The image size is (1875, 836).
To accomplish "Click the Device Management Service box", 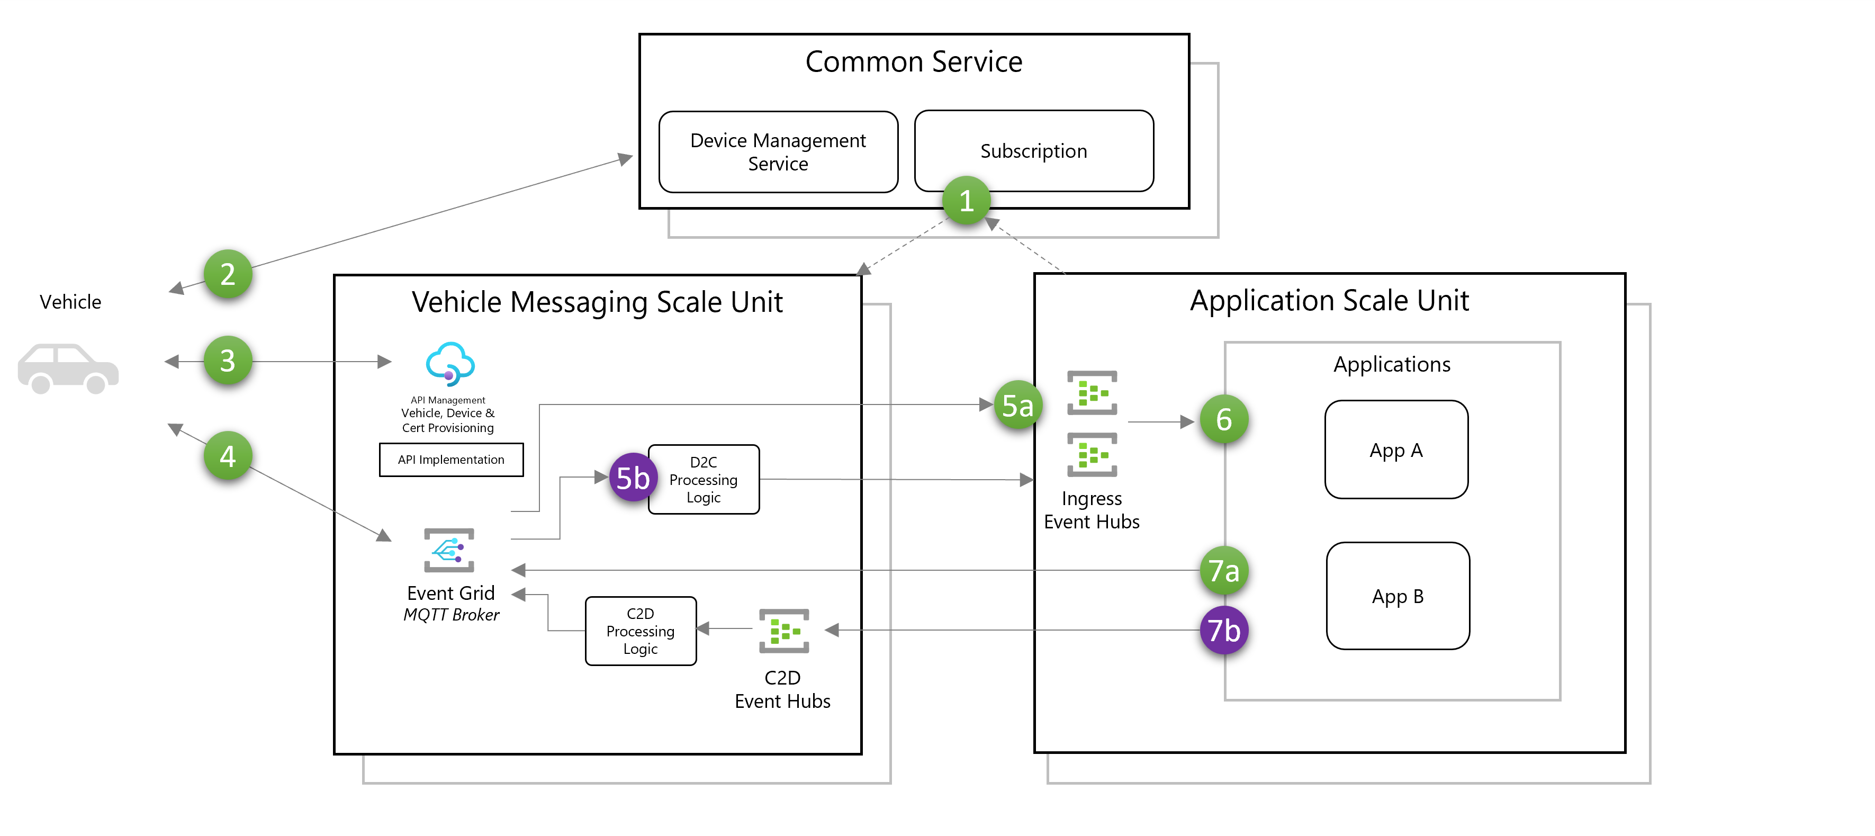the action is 778,151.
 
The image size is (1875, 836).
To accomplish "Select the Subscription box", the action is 1033,151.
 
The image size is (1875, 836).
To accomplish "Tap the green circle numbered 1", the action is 966,200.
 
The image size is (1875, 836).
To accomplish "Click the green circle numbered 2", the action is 228,274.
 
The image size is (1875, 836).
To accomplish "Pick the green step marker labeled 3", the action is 228,361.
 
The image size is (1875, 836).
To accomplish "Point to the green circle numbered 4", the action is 228,456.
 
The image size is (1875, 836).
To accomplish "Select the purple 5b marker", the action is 633,478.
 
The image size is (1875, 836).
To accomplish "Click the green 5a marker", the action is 1017,405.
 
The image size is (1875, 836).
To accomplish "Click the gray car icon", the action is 68,368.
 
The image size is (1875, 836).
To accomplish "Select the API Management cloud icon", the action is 450,364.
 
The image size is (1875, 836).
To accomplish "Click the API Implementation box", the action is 451,460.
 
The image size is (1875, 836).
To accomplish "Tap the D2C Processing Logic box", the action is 703,479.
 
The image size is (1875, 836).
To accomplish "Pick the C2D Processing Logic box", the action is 641,631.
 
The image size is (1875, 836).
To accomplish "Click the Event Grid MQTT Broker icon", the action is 449,550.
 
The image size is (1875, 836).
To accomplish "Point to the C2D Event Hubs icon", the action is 784,631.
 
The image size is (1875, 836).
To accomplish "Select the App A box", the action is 1396,450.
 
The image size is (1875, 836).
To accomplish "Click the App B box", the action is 1398,596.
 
